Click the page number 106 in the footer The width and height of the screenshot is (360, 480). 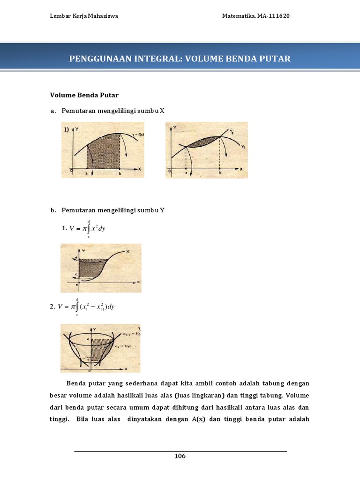(180, 457)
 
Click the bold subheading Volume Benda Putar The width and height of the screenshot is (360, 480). (78, 95)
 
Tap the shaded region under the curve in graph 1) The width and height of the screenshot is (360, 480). (103, 152)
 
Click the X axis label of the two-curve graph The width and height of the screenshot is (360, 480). (241, 169)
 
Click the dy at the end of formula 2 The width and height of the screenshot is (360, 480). (111, 307)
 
